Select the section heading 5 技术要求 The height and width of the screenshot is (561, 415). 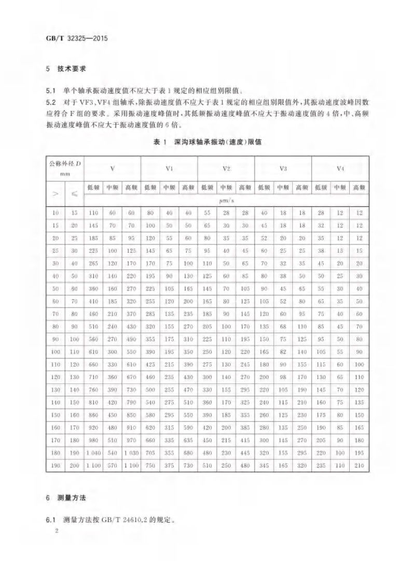66,68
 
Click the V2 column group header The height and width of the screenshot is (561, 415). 226,169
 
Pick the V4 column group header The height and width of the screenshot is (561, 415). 340,169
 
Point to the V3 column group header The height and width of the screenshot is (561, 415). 283,169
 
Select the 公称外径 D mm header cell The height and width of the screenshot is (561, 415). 65,169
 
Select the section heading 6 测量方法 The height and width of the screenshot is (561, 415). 66,498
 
